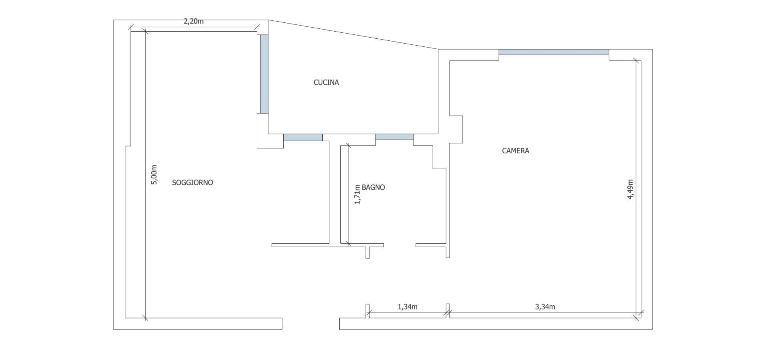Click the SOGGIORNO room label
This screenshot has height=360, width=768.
click(x=192, y=182)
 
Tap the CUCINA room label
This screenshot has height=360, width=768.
click(x=326, y=82)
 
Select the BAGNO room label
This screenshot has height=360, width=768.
click(x=373, y=187)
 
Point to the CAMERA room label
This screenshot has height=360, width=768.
click(x=516, y=151)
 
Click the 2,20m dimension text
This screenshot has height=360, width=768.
click(x=194, y=22)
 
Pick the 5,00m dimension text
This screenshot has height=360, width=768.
click(x=154, y=175)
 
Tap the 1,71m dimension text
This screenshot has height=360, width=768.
click(x=358, y=194)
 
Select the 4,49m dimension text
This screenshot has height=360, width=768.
click(x=630, y=189)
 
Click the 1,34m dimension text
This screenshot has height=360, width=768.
click(x=408, y=307)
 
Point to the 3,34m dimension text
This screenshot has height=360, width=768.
click(x=545, y=307)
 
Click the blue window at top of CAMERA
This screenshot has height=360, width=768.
click(x=554, y=52)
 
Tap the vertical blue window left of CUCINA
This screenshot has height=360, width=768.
click(x=264, y=74)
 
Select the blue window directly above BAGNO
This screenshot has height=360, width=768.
click(x=394, y=137)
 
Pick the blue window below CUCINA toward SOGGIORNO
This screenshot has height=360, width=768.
click(x=303, y=137)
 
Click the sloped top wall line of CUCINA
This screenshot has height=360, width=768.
click(x=353, y=34)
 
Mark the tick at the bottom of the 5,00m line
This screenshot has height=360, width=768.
click(x=145, y=318)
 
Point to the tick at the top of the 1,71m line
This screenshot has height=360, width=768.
click(x=348, y=146)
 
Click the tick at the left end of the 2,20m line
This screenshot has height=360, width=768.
click(x=131, y=28)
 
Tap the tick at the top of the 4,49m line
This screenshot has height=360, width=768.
click(x=636, y=61)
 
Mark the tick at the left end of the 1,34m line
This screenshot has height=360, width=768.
click(x=369, y=313)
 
